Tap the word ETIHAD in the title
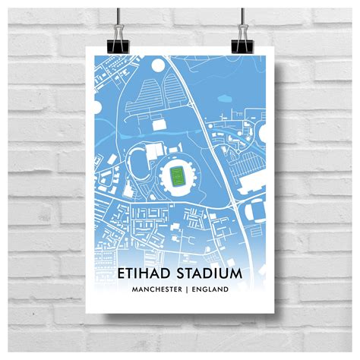145,272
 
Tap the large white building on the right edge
253,182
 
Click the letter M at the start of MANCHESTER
135,289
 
